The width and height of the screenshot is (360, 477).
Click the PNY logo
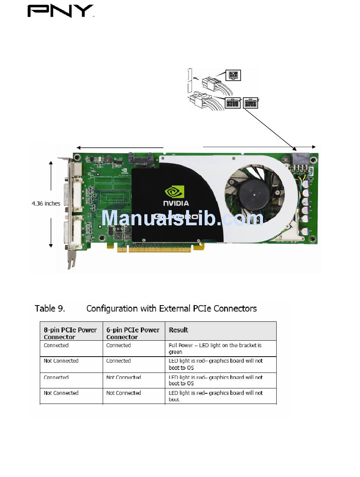pos(60,11)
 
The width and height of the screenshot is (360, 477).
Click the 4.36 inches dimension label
pos(46,204)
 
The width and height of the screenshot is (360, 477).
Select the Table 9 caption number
pos(50,309)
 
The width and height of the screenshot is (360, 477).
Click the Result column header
pos(178,330)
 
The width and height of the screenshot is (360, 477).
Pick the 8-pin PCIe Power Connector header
pos(70,333)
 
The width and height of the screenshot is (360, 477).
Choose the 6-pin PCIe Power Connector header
pos(133,333)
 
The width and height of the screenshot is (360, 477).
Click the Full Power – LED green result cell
pos(215,348)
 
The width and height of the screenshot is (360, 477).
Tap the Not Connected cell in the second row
pos(61,361)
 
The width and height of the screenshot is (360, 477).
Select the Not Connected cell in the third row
pos(124,377)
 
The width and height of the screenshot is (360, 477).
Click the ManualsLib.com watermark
pos(182,218)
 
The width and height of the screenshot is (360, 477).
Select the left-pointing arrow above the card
pos(119,148)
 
